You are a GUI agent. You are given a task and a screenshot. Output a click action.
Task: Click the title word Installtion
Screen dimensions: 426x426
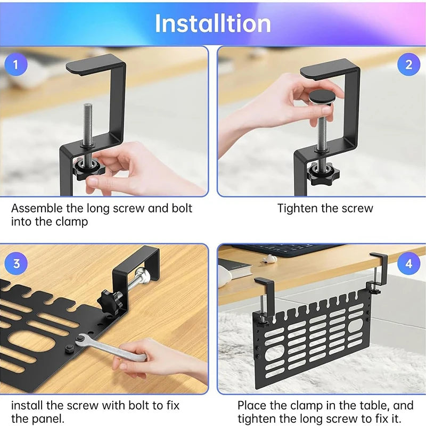tap(213, 23)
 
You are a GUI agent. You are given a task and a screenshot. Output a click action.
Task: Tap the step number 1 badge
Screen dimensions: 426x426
tap(16, 65)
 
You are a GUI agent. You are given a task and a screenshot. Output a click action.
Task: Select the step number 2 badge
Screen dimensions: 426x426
tap(408, 65)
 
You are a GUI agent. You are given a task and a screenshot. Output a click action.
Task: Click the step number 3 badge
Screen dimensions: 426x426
tap(17, 263)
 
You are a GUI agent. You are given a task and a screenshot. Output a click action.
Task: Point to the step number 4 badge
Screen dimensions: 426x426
tap(408, 263)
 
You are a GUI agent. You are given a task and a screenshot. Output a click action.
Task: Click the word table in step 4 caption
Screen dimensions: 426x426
tap(374, 405)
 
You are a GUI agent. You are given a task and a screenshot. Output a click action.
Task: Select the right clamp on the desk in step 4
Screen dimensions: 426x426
tap(378, 272)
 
